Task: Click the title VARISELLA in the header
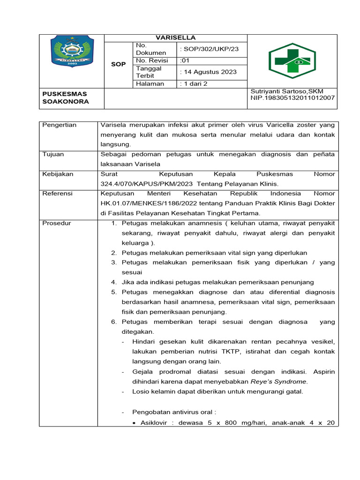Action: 175,38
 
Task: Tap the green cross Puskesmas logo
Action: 292,61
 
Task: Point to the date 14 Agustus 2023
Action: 209,72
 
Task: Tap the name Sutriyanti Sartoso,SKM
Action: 287,91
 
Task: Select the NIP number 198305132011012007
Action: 293,97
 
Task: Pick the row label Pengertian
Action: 60,125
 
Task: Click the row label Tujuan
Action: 53,154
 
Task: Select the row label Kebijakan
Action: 58,174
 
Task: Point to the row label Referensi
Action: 57,194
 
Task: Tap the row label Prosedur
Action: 56,223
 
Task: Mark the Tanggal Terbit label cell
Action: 149,72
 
